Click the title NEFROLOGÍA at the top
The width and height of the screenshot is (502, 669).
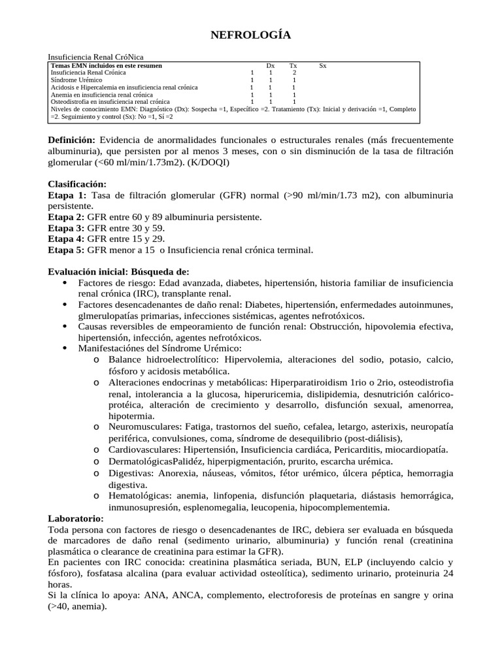250,35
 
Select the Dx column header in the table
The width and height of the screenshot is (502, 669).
271,66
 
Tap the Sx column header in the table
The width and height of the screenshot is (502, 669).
323,66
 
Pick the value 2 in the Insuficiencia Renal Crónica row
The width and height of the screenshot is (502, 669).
294,73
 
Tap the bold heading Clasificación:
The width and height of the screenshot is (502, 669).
77,184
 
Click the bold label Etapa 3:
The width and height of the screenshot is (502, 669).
67,228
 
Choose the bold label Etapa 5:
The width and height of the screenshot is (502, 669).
67,250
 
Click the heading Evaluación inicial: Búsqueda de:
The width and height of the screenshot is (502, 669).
119,272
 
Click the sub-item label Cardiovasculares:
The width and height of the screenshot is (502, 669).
144,449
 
